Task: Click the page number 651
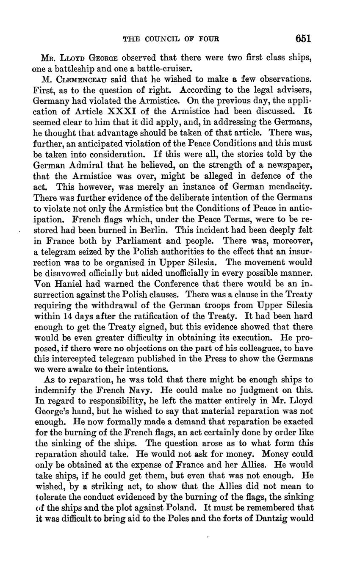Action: pos(303,39)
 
